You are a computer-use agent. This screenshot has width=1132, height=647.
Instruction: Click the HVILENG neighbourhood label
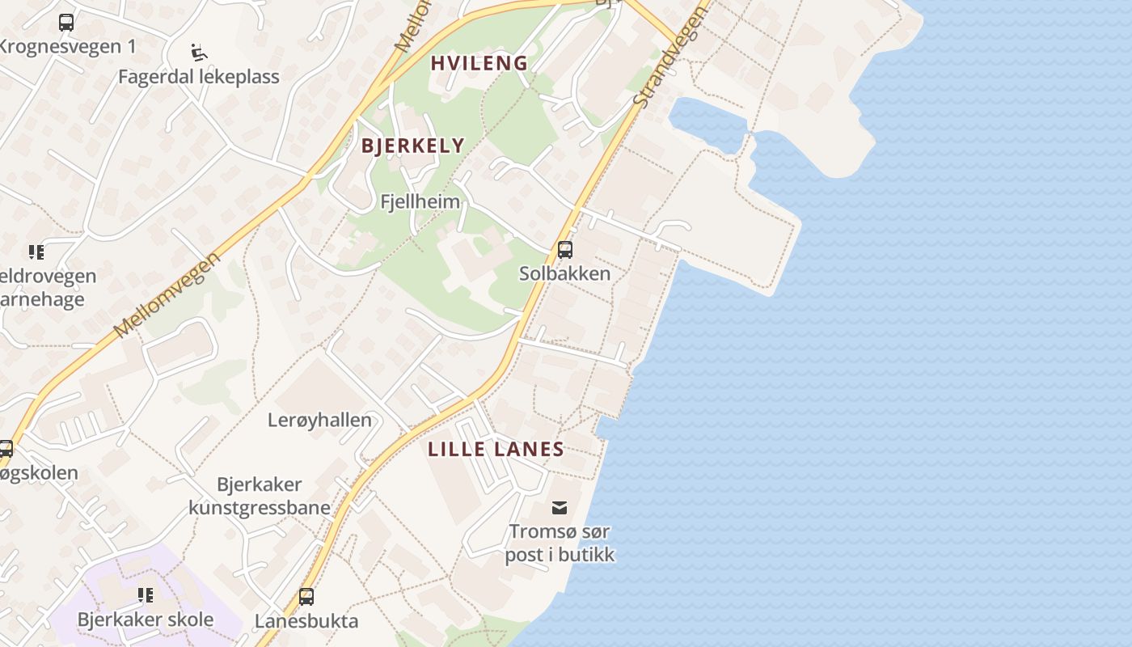click(479, 63)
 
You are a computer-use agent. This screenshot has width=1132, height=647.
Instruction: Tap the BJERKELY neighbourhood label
click(412, 146)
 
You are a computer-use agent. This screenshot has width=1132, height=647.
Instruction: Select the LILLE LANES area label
click(496, 450)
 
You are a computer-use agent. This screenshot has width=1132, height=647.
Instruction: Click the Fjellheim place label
click(420, 201)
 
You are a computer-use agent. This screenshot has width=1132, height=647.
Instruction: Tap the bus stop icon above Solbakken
click(565, 250)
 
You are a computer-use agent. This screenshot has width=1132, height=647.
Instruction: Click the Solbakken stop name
click(564, 273)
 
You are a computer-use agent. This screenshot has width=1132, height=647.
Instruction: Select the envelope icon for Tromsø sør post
click(559, 508)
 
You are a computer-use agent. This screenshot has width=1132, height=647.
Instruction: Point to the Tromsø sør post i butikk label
click(560, 543)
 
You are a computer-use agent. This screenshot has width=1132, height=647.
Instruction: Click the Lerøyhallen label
click(319, 420)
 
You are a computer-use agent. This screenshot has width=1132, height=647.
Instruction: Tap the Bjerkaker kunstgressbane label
click(260, 496)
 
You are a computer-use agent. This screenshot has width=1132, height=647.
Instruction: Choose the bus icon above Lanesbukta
click(306, 597)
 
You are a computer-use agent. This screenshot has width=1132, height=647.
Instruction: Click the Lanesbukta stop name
click(306, 621)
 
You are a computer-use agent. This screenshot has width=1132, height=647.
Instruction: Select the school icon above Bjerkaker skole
click(146, 596)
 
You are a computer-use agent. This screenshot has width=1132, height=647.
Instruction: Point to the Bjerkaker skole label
click(146, 620)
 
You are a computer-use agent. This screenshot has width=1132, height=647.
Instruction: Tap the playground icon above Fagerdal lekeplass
click(198, 53)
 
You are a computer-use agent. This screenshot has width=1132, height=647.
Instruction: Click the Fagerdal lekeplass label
click(199, 77)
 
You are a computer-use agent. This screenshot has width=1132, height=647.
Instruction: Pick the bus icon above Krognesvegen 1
click(66, 23)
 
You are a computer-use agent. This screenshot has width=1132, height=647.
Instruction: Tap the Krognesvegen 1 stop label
click(67, 46)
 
